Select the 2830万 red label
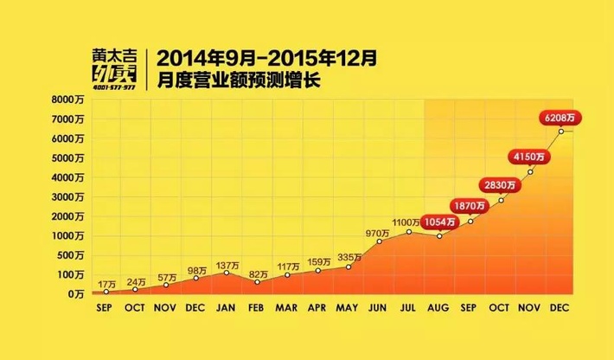click(x=501, y=184)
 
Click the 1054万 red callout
click(x=440, y=221)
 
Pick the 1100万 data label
click(x=406, y=223)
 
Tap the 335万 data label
click(x=348, y=258)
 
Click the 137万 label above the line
click(x=227, y=265)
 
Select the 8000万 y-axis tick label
click(x=68, y=100)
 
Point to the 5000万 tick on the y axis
click(x=68, y=158)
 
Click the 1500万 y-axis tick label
click(x=68, y=216)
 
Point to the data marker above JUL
click(x=409, y=231)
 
